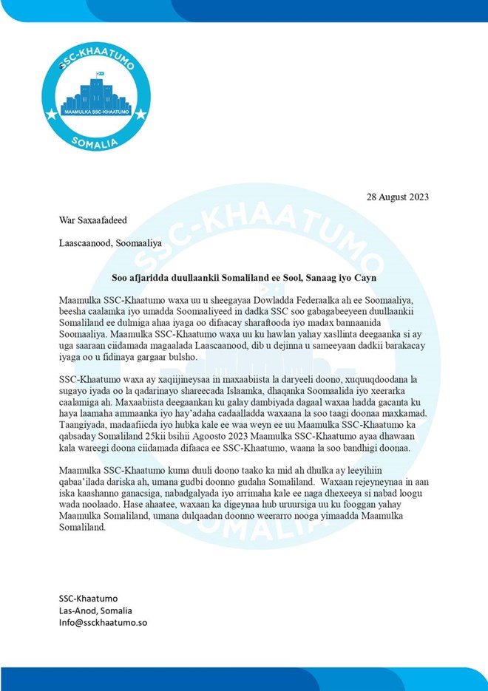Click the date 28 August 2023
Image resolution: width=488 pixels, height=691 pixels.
point(398,197)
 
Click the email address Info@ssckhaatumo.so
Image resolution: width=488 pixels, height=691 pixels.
point(104,623)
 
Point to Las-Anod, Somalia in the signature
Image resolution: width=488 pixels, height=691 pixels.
point(95,610)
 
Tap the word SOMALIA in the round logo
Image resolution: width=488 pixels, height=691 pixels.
point(95,142)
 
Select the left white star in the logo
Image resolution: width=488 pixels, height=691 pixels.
point(51,115)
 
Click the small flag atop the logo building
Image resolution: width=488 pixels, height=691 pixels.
point(101,73)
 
